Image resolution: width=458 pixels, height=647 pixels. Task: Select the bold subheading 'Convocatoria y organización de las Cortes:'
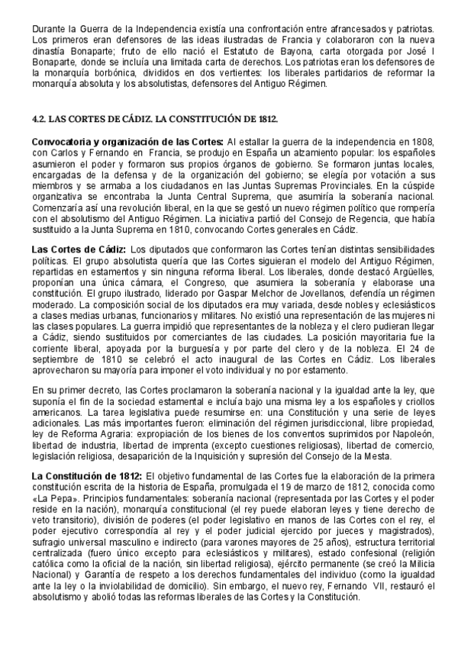click(x=127, y=142)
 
